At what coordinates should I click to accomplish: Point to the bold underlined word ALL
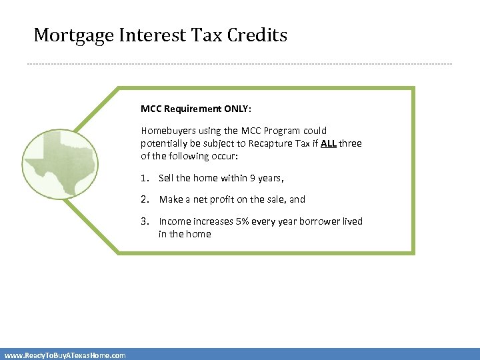click(x=328, y=143)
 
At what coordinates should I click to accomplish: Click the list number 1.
click(x=144, y=178)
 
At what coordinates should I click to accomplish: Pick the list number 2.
click(x=144, y=199)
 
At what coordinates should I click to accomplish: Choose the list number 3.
click(x=144, y=221)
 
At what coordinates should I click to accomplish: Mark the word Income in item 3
click(x=174, y=221)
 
